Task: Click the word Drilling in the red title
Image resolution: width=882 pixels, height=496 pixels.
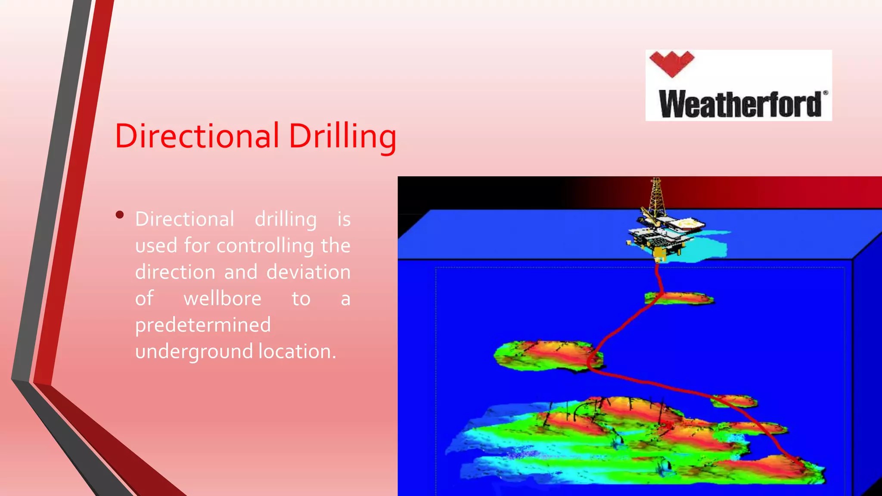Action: point(342,136)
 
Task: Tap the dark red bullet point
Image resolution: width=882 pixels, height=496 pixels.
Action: point(120,214)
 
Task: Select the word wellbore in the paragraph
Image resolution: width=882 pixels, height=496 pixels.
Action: point(222,298)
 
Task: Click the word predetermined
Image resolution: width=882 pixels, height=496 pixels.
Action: point(203,325)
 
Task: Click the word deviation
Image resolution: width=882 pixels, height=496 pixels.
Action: point(308,272)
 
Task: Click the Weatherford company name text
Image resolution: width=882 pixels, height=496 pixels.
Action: point(740,104)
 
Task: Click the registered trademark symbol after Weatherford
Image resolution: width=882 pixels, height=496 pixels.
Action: point(825,93)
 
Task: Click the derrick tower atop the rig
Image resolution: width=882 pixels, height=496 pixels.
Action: point(656,196)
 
